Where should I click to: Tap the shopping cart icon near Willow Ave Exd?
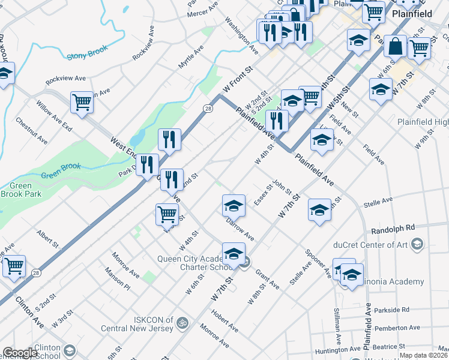pos(82,102)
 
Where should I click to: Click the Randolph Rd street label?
pos(393,228)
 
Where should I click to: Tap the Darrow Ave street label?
pos(240,230)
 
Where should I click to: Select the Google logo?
pos(20,353)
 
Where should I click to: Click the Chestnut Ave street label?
pos(32,130)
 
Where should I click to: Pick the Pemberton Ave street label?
pos(399,328)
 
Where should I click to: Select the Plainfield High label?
pos(423,122)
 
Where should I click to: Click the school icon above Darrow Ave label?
pos(234,206)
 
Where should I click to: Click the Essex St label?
pos(263,194)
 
